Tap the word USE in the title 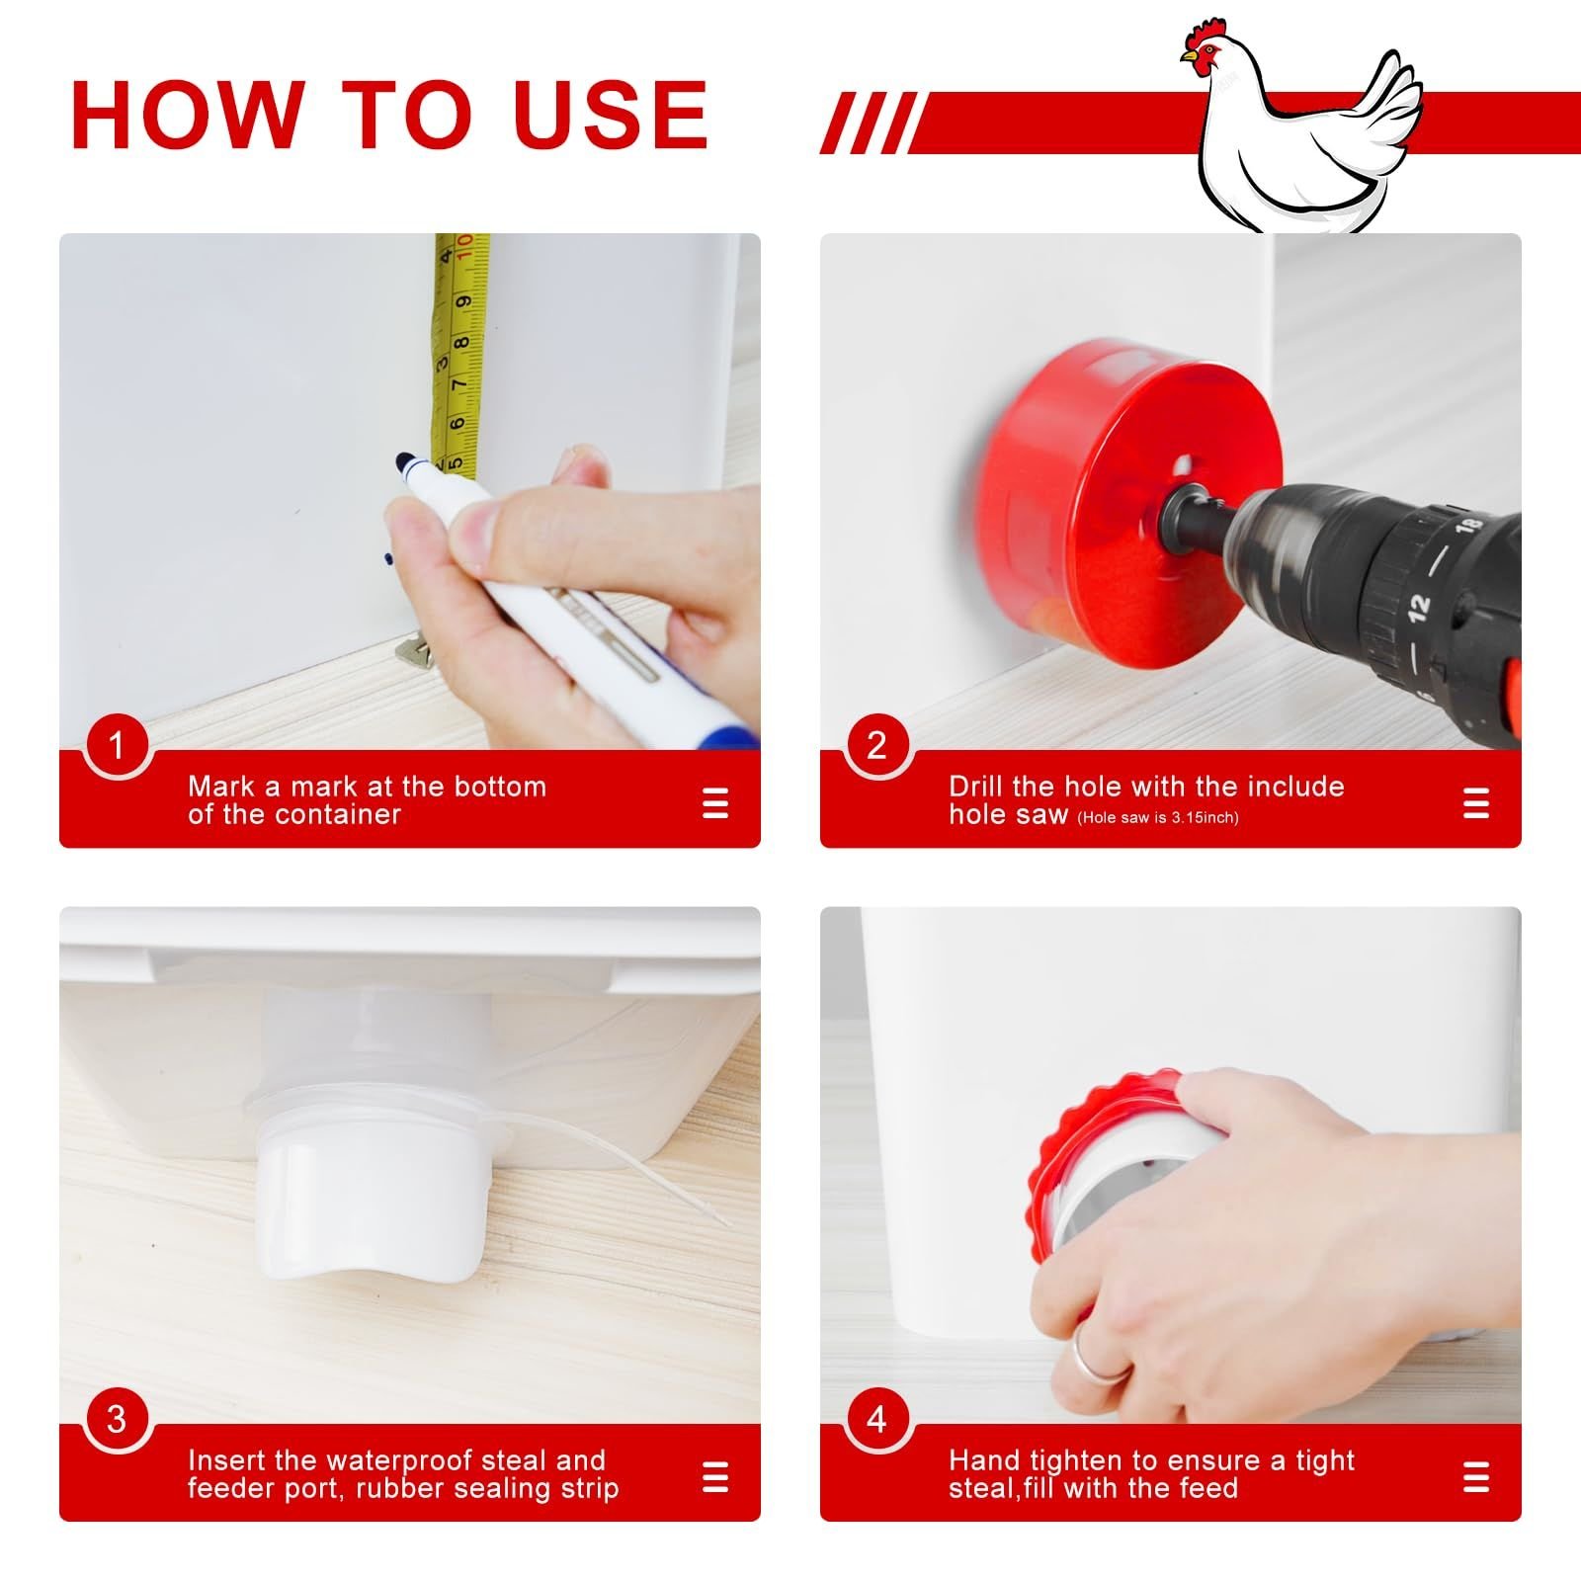pyautogui.click(x=612, y=114)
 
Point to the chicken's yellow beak pyautogui.click(x=1188, y=59)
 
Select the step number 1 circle pyautogui.click(x=117, y=745)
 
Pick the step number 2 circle pyautogui.click(x=877, y=745)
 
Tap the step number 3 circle pyautogui.click(x=117, y=1419)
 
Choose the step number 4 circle pyautogui.click(x=877, y=1419)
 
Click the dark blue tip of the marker pyautogui.click(x=404, y=462)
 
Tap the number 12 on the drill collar pyautogui.click(x=1419, y=607)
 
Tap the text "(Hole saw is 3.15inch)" pyautogui.click(x=1157, y=817)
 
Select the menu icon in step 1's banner pyautogui.click(x=714, y=802)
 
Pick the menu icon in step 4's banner pyautogui.click(x=1475, y=1477)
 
